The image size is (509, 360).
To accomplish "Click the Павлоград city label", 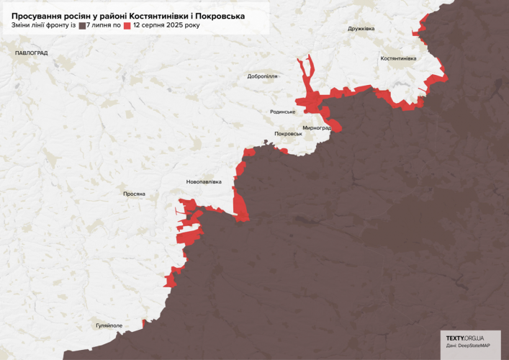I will (x=32, y=53).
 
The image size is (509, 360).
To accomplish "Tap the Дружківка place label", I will (x=361, y=29).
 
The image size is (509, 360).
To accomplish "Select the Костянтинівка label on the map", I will (x=398, y=58).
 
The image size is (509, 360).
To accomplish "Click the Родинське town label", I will (x=283, y=112).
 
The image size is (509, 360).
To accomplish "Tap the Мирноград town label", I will (x=317, y=127).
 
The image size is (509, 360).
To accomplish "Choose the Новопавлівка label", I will (x=204, y=181).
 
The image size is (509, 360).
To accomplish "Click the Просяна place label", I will (x=134, y=194).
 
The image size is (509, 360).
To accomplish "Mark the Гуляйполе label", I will (x=109, y=325).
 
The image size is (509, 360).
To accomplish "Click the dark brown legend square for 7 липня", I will (x=83, y=25).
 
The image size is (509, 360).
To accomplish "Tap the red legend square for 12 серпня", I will (x=127, y=25).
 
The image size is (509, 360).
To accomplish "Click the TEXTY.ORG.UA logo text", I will (x=464, y=338).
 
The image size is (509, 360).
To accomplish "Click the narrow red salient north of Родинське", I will (x=306, y=76).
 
